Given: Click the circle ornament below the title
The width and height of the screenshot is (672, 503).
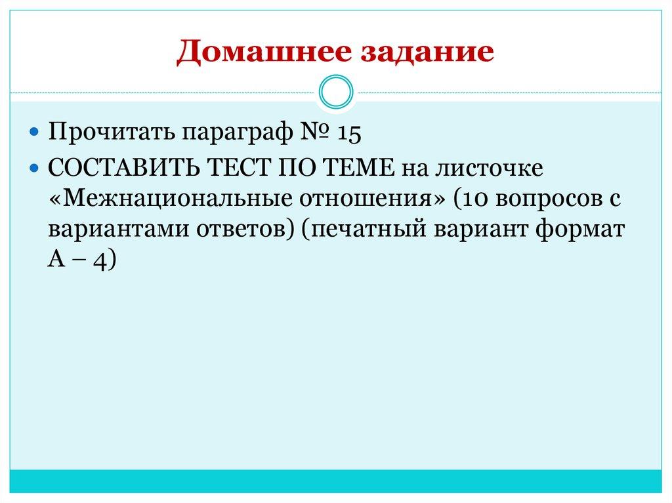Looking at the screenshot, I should pyautogui.click(x=335, y=92).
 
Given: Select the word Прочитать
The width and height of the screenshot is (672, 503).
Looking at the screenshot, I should pyautogui.click(x=111, y=132).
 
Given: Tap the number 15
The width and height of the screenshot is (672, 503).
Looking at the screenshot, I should pyautogui.click(x=350, y=132).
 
